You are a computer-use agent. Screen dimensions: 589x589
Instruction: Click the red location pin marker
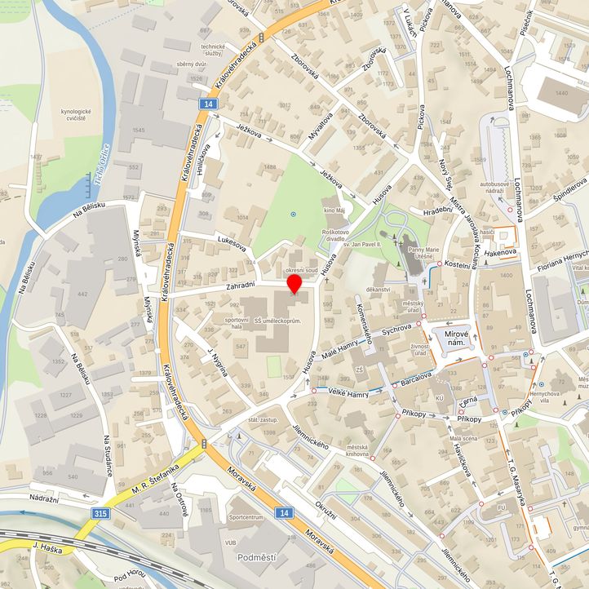[x=294, y=282]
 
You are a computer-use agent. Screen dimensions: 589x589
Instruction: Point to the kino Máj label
[x=335, y=211]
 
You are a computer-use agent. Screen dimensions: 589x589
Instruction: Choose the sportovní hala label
[x=236, y=323]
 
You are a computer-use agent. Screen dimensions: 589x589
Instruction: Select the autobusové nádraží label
[x=494, y=189]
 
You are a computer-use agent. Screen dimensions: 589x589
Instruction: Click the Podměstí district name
[x=259, y=557]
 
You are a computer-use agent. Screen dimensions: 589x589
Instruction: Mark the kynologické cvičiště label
[x=73, y=115]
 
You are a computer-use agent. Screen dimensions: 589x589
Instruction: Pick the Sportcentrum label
[x=246, y=517]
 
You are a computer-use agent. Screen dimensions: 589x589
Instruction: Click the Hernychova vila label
[x=558, y=396]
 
